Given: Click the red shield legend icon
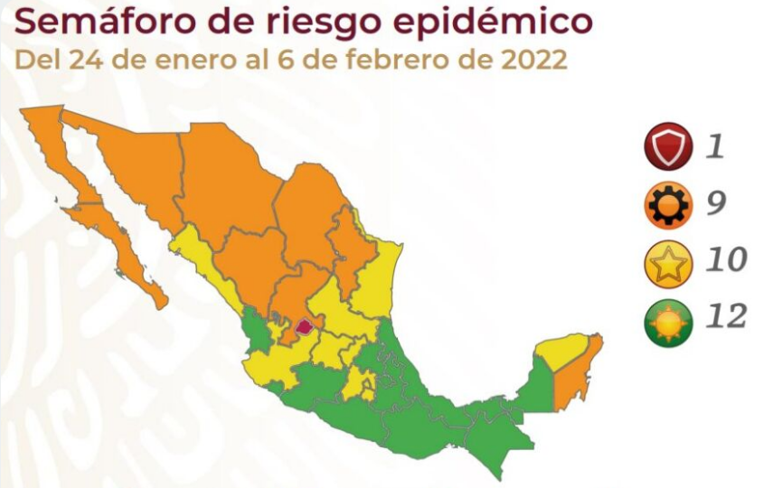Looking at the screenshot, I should coord(669,147).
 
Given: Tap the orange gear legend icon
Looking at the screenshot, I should coord(669,204).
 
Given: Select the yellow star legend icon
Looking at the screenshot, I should coord(669,261).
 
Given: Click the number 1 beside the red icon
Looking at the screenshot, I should coord(715,146).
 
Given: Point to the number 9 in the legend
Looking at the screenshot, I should coord(716,203).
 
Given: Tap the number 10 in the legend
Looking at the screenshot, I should coord(725,260).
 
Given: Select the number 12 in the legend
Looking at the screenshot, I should coord(725,317).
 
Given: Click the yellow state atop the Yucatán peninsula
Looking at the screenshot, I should coord(561,352).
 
